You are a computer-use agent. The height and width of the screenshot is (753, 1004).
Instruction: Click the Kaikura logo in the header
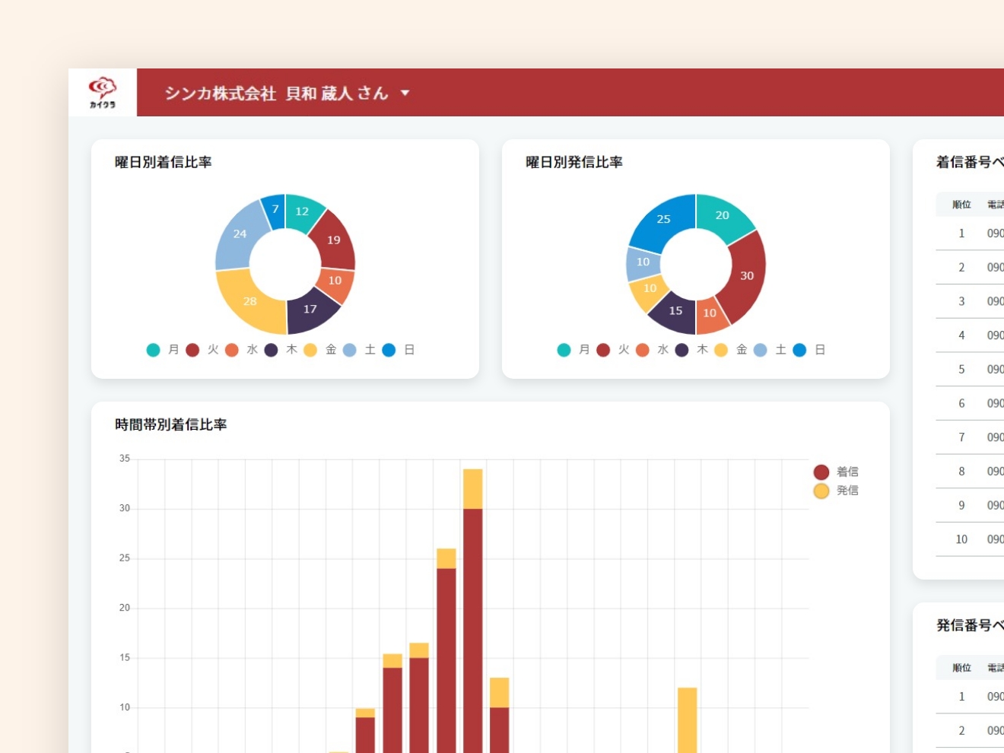pyautogui.click(x=103, y=93)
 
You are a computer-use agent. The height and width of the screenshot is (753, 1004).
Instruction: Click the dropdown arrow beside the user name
pyautogui.click(x=405, y=93)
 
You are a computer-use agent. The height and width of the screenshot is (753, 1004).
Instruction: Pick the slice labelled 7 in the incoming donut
pyautogui.click(x=275, y=209)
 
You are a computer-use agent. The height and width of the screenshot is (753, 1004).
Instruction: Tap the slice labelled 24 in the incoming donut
pyautogui.click(x=240, y=234)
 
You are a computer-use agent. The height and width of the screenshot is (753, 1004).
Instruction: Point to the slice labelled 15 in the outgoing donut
pyautogui.click(x=675, y=311)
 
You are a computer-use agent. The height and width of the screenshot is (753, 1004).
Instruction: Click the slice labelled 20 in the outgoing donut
pyautogui.click(x=723, y=215)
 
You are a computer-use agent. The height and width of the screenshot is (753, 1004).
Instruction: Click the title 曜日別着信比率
pyautogui.click(x=164, y=162)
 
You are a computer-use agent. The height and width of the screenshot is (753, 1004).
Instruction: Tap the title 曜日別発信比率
pyautogui.click(x=574, y=162)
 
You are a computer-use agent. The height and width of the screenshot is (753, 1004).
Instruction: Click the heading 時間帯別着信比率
pyautogui.click(x=171, y=424)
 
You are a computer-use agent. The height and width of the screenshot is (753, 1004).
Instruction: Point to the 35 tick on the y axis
pyautogui.click(x=125, y=459)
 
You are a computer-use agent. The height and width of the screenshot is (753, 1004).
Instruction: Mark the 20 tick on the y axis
pyautogui.click(x=125, y=608)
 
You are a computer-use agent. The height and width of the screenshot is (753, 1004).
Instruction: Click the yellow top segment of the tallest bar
pyautogui.click(x=472, y=489)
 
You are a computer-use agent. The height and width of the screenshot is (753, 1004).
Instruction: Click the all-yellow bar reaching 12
pyautogui.click(x=687, y=719)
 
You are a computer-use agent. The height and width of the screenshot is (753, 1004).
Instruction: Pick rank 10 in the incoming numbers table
pyautogui.click(x=961, y=539)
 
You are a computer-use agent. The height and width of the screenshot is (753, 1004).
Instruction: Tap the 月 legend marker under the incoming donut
pyautogui.click(x=154, y=350)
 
